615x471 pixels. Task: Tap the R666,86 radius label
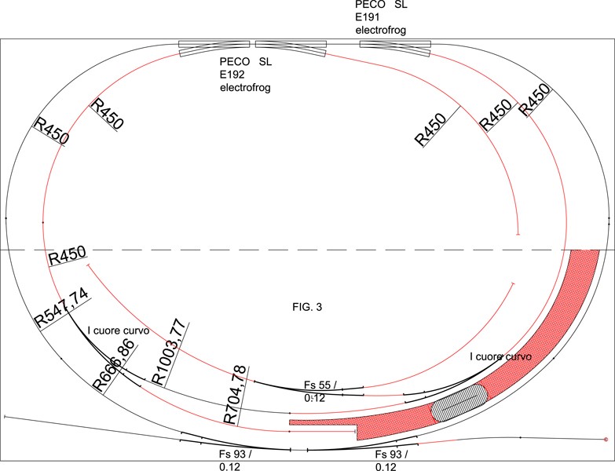114,365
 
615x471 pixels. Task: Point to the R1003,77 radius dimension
169,352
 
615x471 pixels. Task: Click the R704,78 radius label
236,394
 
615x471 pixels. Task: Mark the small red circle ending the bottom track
606,440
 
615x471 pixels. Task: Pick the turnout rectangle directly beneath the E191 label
395,47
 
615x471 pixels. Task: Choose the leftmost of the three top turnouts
214,48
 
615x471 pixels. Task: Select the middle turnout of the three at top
291,48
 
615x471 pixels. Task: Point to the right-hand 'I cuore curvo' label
500,356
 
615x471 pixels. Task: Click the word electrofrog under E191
381,30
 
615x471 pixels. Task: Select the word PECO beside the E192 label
236,61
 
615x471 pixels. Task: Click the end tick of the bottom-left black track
5,417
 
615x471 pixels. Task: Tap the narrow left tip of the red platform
291,422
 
